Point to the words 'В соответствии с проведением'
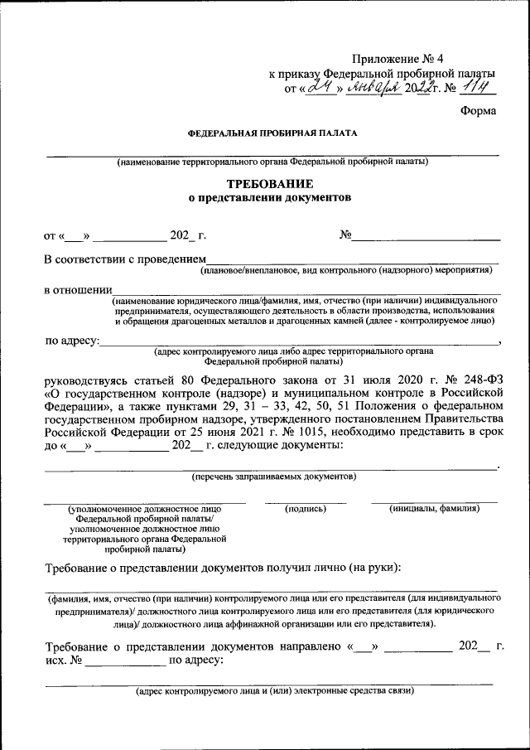tap(123, 260)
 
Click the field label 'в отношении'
tap(77, 290)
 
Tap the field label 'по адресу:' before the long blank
tap(72, 340)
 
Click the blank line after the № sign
tap(426, 238)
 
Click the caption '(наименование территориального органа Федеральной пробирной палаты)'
tap(272, 162)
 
